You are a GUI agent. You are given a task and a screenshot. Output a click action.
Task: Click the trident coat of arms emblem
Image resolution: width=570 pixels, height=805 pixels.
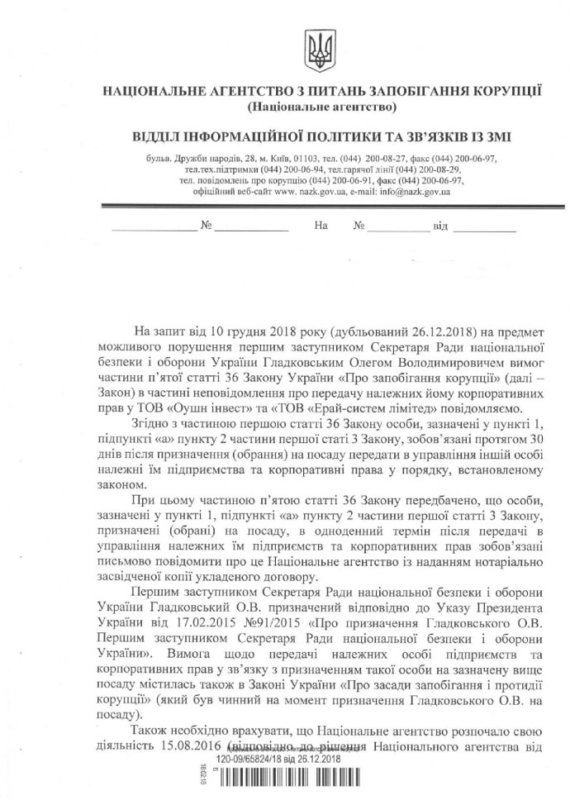tap(318, 48)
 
